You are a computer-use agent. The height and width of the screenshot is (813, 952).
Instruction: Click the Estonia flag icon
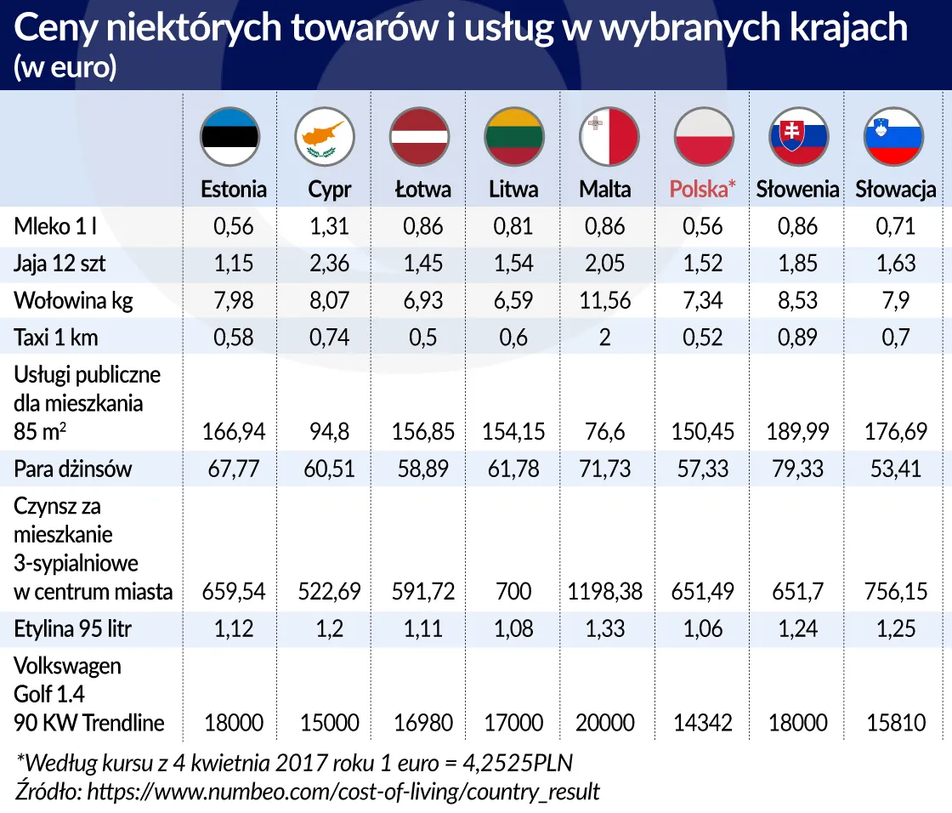point(229,137)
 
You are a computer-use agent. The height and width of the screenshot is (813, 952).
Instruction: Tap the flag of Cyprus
point(325,137)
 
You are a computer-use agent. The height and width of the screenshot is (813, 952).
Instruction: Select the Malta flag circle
point(609,137)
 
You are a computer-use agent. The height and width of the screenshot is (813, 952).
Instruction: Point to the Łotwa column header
point(422,189)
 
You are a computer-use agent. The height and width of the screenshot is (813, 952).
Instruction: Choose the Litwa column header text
point(513,189)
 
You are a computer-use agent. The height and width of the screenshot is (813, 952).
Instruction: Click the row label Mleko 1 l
point(58,227)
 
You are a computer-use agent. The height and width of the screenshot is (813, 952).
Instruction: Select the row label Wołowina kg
point(74,301)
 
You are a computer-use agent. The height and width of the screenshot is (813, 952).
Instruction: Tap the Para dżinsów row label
point(73,469)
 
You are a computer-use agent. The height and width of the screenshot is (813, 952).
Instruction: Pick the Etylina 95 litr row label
point(73,630)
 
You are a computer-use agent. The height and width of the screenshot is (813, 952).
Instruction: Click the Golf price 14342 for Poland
point(703,724)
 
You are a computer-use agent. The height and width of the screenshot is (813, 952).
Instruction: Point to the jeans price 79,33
point(798,469)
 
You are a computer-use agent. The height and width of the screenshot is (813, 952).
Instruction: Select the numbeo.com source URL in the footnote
point(344,792)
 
